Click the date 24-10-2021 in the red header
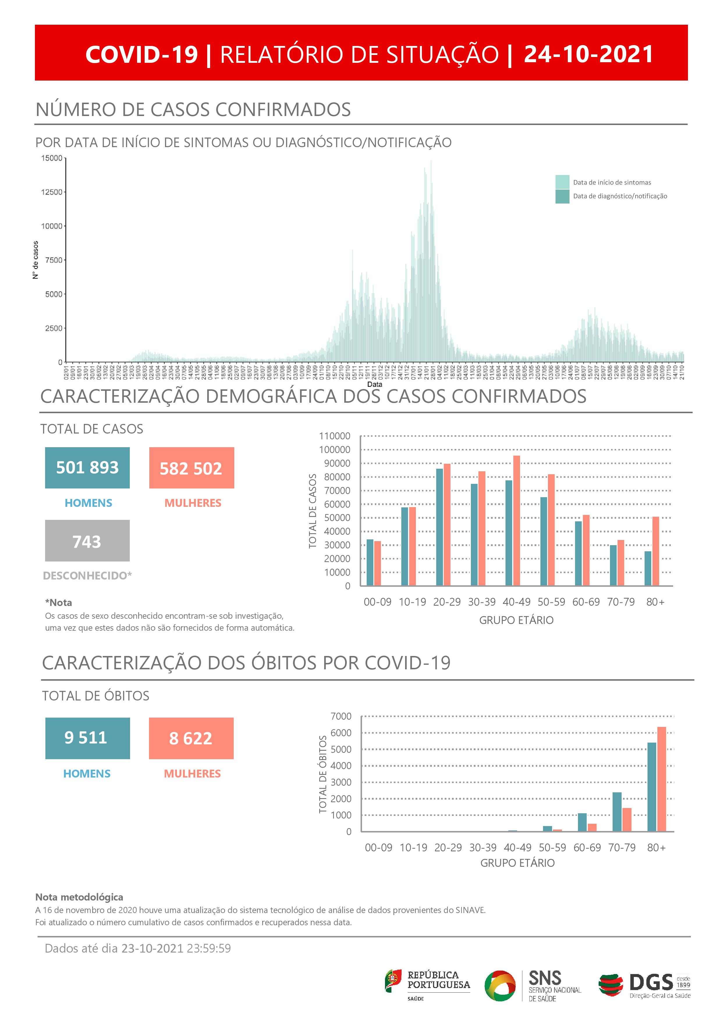pos(588,54)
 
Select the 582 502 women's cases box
pos(191,468)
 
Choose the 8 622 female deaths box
pos(191,738)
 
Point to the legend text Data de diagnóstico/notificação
pos(620,196)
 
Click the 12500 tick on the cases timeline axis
pos(52,192)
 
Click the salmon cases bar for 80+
pos(655,551)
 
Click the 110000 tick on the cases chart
pos(334,436)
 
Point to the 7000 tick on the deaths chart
pos(341,716)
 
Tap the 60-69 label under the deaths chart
pos(587,848)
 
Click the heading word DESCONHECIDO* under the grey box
pos(87,575)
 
